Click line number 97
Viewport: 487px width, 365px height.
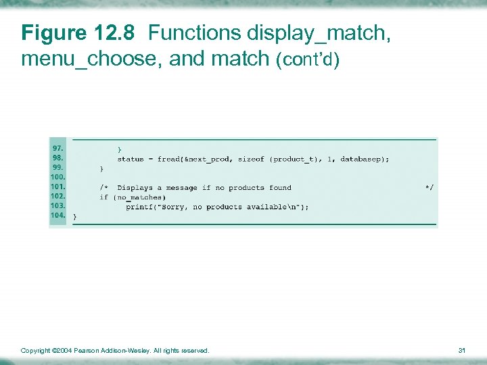click(x=59, y=147)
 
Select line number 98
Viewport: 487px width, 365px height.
click(x=59, y=157)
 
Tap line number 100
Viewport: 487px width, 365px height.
click(x=57, y=176)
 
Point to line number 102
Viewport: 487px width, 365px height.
click(x=57, y=196)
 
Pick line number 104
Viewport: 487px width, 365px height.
click(x=57, y=215)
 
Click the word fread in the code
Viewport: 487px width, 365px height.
click(x=168, y=160)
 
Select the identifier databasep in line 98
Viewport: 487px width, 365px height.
click(x=363, y=160)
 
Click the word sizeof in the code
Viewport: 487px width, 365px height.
click(x=251, y=160)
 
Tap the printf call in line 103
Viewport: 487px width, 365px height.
click(x=139, y=207)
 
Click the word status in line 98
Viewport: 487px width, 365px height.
click(x=131, y=160)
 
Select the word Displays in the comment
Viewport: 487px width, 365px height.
click(x=135, y=188)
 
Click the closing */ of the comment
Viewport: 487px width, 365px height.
click(x=429, y=187)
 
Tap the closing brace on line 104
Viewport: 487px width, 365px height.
click(x=74, y=216)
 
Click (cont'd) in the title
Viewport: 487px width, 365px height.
click(x=308, y=60)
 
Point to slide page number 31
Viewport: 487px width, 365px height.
click(x=463, y=350)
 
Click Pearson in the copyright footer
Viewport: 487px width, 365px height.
click(x=87, y=350)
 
